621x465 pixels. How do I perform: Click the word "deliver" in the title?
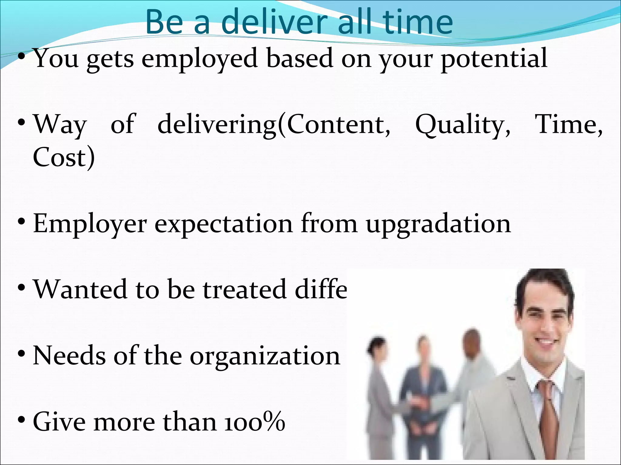(x=276, y=22)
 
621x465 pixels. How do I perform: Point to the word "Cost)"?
(x=64, y=157)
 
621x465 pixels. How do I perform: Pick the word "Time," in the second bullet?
(x=568, y=125)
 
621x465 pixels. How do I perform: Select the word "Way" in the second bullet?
(x=60, y=125)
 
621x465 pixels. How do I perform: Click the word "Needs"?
(x=69, y=355)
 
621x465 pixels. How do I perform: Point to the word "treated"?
(x=244, y=289)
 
